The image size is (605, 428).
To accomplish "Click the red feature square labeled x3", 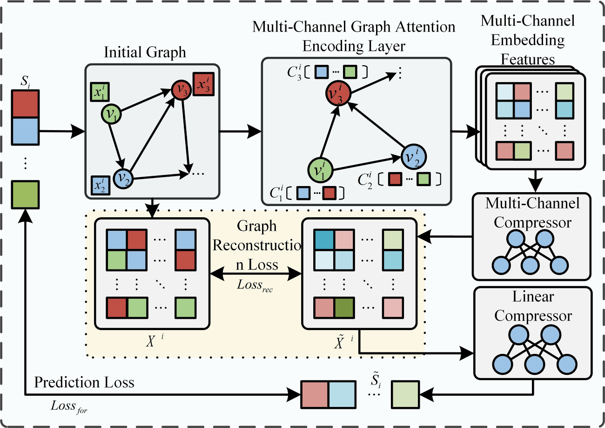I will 204,85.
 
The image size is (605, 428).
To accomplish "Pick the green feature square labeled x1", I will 100,92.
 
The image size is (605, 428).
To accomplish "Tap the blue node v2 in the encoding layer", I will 413,156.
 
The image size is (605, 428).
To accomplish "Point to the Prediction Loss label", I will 84,383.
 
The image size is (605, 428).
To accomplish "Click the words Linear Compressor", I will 533,306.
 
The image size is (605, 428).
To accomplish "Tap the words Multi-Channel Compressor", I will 533,213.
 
